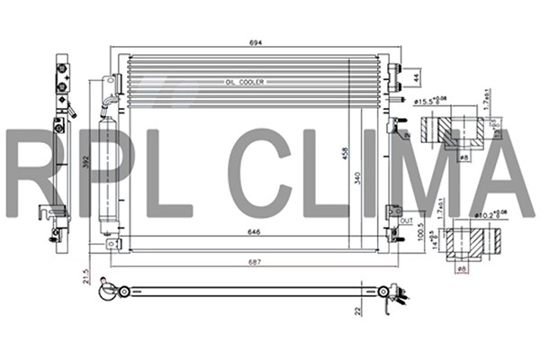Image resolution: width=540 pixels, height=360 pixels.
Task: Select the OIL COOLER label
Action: [246, 82]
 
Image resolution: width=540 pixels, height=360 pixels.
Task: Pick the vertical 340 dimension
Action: [357, 180]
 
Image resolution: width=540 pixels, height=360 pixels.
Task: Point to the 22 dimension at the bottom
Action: [358, 310]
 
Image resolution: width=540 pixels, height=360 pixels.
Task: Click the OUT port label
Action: [406, 220]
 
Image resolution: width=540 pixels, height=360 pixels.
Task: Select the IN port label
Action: [407, 135]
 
